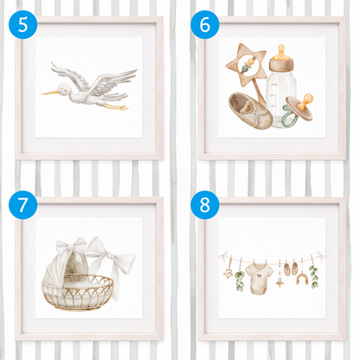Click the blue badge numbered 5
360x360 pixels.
coord(22,24)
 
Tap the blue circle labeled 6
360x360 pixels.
coord(205,24)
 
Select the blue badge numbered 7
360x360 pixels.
coord(22,205)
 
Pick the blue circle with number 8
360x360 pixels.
coord(205,205)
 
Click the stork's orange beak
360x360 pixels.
coord(50,93)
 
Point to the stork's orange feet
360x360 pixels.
coord(117,106)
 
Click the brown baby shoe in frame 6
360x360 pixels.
coord(250,111)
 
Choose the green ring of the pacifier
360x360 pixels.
coord(287,115)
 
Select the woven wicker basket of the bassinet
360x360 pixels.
coord(78,292)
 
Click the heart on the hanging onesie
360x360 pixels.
coord(260,275)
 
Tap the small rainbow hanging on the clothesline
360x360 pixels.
coord(302,279)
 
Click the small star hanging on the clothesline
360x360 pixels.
coord(228,273)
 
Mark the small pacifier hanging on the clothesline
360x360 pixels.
coord(279,283)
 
